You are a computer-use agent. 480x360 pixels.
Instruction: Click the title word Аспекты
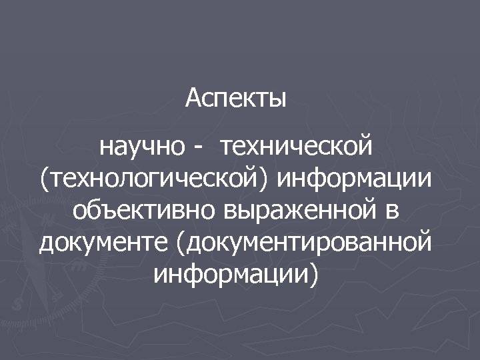point(236,99)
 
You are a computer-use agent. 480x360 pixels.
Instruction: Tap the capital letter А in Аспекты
point(193,98)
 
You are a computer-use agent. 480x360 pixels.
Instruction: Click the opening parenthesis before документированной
point(181,242)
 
